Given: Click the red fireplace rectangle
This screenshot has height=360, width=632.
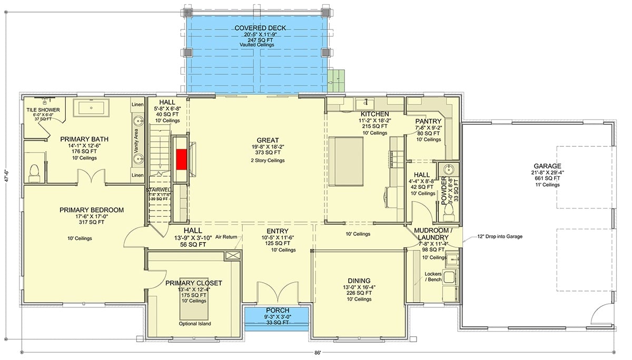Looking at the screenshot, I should pyautogui.click(x=181, y=158).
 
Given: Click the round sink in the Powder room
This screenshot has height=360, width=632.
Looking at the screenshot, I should pyautogui.click(x=449, y=169).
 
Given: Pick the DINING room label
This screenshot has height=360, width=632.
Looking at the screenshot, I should pyautogui.click(x=359, y=281).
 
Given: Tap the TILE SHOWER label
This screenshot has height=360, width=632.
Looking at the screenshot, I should pyautogui.click(x=43, y=110).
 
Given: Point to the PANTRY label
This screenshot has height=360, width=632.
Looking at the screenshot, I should pyautogui.click(x=428, y=122).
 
